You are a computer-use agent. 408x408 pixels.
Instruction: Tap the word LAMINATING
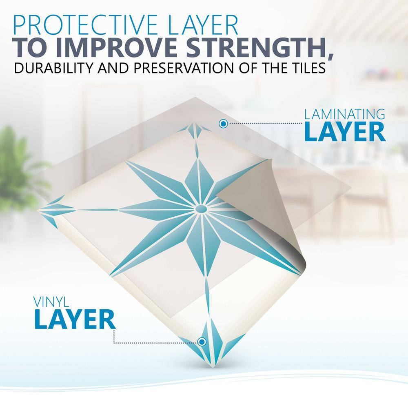point(344,114)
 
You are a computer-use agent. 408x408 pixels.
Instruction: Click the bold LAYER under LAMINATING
point(344,132)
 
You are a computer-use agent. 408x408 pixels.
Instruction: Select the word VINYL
point(51,302)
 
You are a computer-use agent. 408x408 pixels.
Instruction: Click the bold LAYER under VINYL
point(75,319)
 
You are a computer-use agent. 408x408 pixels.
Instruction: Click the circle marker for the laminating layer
point(223,124)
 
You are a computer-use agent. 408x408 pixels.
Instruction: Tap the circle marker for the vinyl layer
point(202,341)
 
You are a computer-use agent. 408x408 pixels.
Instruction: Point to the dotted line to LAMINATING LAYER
point(265,123)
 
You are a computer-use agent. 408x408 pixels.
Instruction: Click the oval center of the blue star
point(201,208)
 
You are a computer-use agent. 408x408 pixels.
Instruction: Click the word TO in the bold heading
point(31,48)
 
